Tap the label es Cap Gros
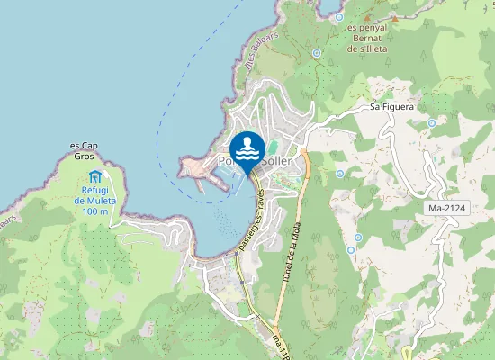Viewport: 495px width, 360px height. click(83, 150)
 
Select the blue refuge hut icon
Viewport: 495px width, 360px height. click(96, 175)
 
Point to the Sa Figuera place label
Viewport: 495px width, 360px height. click(391, 106)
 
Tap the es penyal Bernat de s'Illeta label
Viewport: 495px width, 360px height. click(367, 38)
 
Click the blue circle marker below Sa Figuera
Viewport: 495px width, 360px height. click(433, 123)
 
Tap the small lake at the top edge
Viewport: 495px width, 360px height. click(337, 15)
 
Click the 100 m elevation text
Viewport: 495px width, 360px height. click(94, 211)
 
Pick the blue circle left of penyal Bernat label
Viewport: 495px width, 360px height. click(317, 53)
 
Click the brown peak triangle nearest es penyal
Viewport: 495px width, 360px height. click(394, 18)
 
